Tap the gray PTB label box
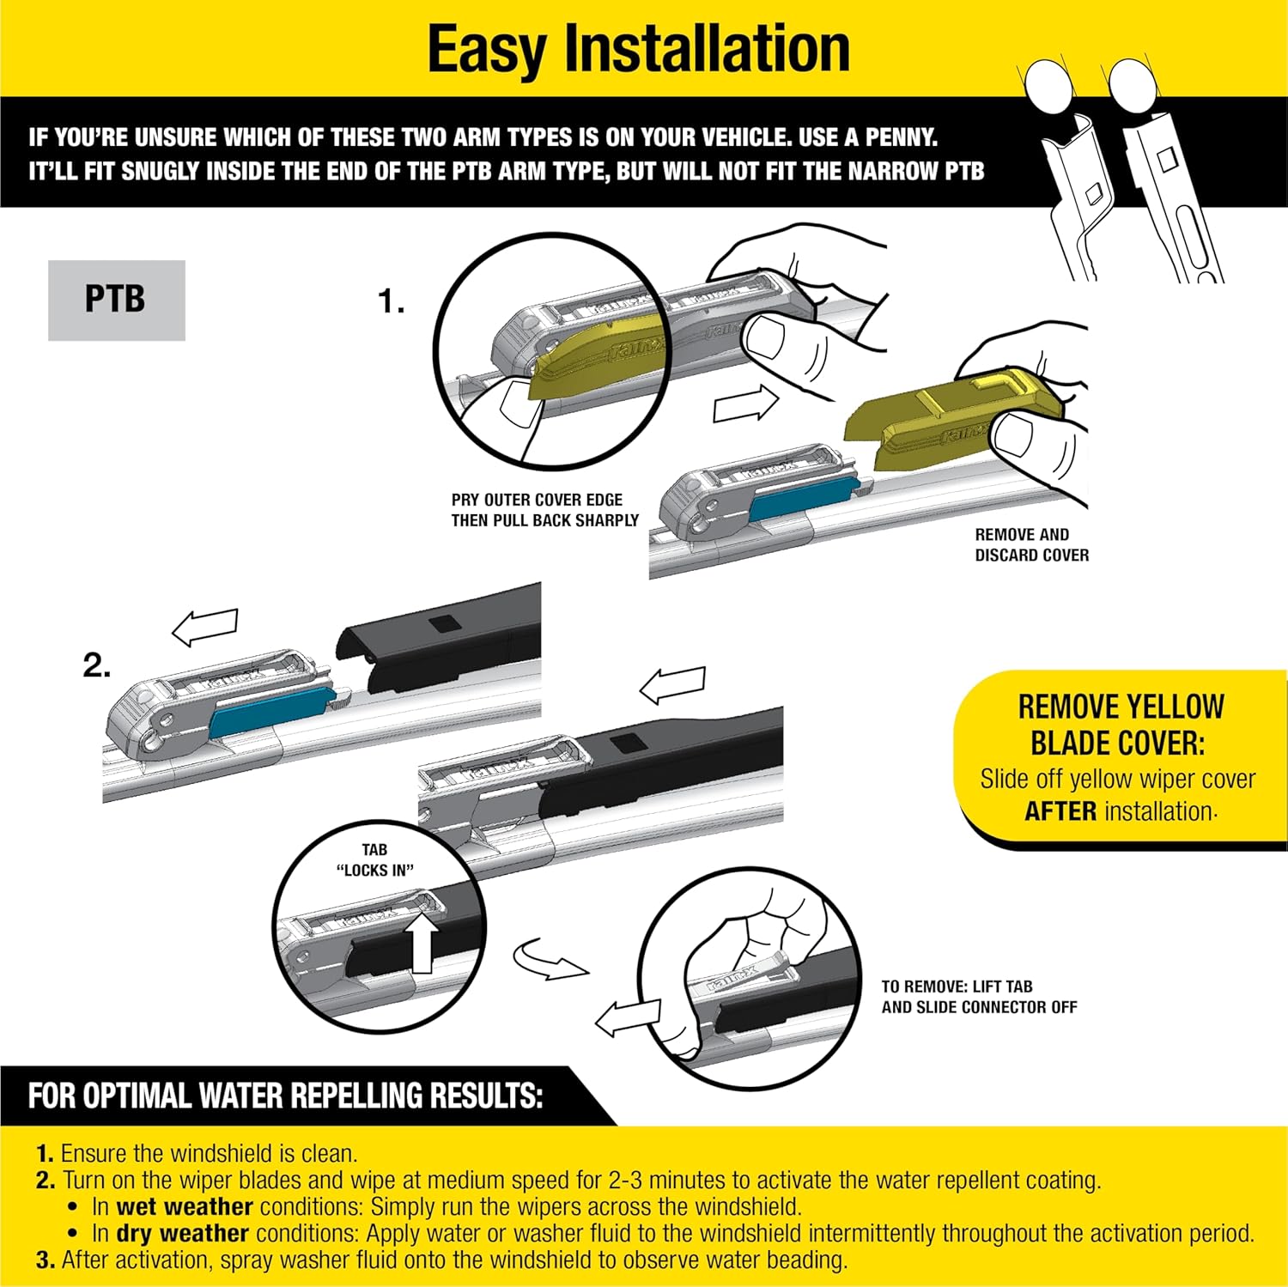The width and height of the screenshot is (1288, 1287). coord(116,300)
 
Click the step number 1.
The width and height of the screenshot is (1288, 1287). coord(391,301)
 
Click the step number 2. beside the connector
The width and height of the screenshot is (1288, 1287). coord(96,665)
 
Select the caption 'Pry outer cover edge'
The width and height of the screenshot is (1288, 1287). coord(537,500)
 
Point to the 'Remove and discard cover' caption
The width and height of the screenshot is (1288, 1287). coord(1031,544)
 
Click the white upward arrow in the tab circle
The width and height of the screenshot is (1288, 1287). coord(422,943)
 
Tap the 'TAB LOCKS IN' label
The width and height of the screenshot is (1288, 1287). coord(374,859)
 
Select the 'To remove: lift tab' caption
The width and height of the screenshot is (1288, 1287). coord(978,996)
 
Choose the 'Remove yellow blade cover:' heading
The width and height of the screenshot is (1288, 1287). coord(1120,724)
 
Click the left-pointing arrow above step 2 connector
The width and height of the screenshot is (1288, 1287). coord(205,628)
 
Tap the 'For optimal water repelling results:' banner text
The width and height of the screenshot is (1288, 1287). coord(285,1096)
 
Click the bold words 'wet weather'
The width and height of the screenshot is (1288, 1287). coord(185,1206)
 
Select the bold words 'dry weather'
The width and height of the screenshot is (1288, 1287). coord(182,1233)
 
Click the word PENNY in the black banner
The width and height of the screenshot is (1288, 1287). coord(900,137)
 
